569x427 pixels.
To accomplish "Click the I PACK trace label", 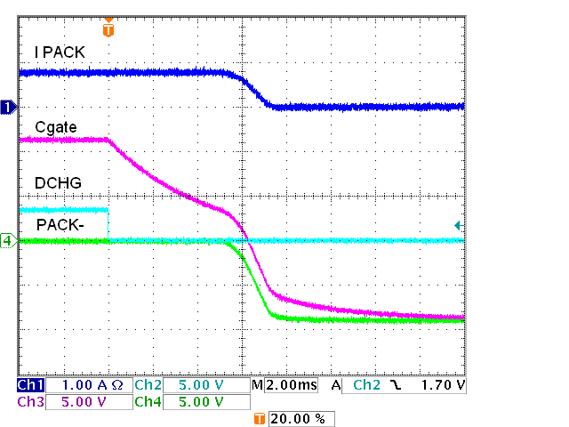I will point(60,52).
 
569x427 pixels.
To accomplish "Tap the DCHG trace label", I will point(59,183).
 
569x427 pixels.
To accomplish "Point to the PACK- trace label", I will point(60,225).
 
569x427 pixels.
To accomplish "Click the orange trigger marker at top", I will point(108,28).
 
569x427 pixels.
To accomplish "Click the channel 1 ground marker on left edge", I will point(8,108).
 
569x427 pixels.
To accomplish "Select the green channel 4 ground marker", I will point(8,240).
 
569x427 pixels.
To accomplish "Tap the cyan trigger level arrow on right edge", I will point(458,225).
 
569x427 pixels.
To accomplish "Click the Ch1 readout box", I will point(30,385).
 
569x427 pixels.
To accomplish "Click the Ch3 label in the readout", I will point(30,401).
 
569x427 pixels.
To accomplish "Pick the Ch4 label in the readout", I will point(148,401).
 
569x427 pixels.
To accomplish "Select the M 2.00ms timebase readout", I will point(279,385).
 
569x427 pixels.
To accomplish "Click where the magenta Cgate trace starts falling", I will point(108,140).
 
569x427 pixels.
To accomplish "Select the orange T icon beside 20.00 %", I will point(260,418).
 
